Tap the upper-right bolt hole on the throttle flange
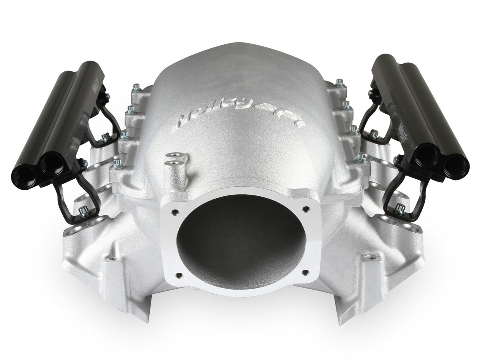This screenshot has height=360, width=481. [306, 208]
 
